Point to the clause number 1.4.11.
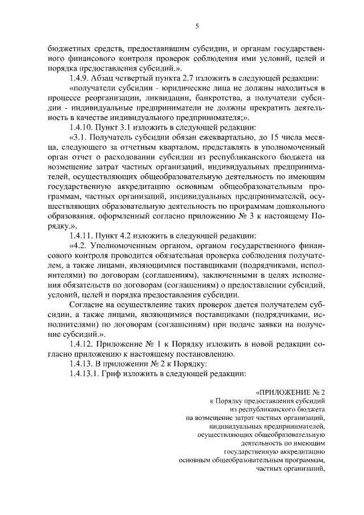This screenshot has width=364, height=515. [81, 235]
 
